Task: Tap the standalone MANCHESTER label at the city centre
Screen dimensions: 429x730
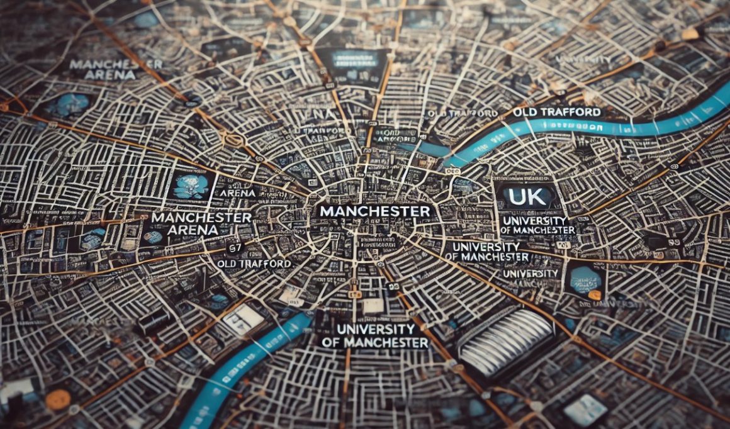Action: pyautogui.click(x=374, y=211)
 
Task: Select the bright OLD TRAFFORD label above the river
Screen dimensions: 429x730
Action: pyautogui.click(x=556, y=112)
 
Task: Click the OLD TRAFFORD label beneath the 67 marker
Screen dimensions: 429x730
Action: pyautogui.click(x=254, y=264)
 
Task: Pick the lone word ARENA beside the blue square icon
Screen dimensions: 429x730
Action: pyautogui.click(x=239, y=192)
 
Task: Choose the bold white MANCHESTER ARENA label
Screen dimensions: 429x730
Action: pyautogui.click(x=201, y=223)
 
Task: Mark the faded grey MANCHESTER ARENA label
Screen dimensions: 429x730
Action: pyautogui.click(x=115, y=69)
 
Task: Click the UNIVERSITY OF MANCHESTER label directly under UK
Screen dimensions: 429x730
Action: pyautogui.click(x=537, y=225)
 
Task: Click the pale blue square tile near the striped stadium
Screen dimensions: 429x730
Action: pyautogui.click(x=585, y=409)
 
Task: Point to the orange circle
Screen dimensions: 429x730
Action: pyautogui.click(x=58, y=399)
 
